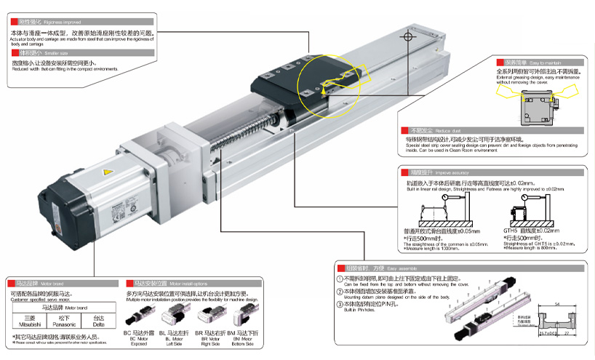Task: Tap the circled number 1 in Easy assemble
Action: point(339,279)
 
